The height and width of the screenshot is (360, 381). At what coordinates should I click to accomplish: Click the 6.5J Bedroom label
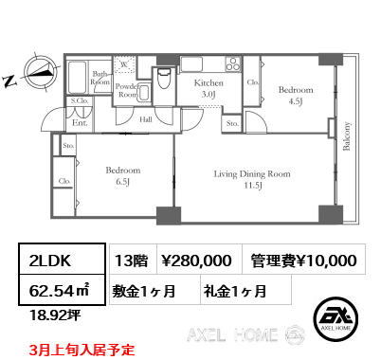(121, 175)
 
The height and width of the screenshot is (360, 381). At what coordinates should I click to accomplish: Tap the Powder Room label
(127, 88)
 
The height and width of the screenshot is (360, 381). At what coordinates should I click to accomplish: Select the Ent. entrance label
(80, 122)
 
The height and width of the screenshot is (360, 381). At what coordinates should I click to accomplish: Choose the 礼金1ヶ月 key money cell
(232, 288)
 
